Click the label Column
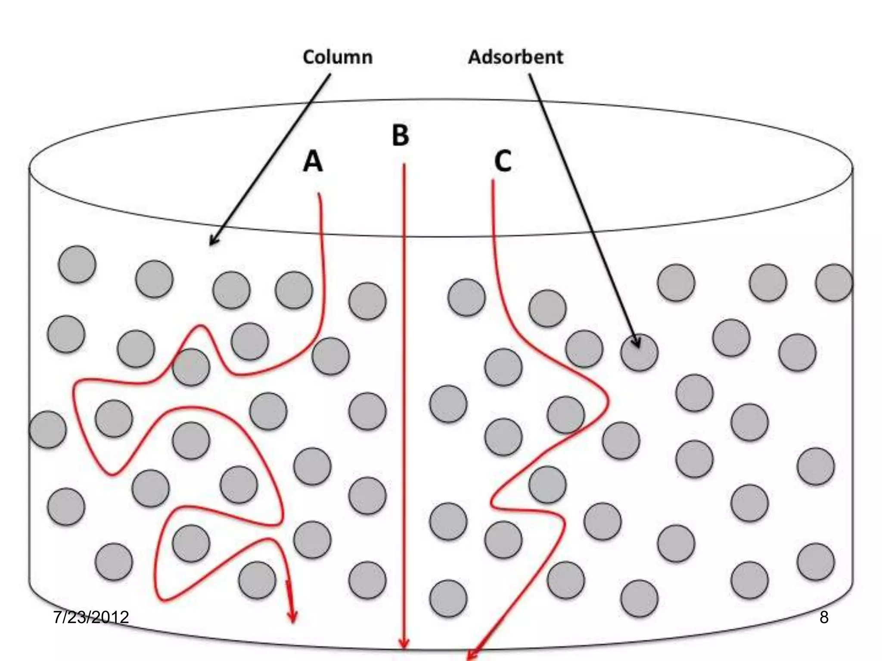click(x=338, y=57)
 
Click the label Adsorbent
click(x=516, y=57)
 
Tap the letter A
click(x=313, y=161)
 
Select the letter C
click(x=503, y=161)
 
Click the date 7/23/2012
click(x=91, y=617)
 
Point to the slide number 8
click(x=823, y=617)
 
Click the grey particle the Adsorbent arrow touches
click(x=639, y=353)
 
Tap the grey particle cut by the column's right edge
click(x=834, y=283)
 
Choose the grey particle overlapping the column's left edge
click(x=48, y=429)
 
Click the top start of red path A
click(x=319, y=195)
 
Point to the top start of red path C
click(x=493, y=181)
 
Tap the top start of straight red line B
click(x=404, y=165)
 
